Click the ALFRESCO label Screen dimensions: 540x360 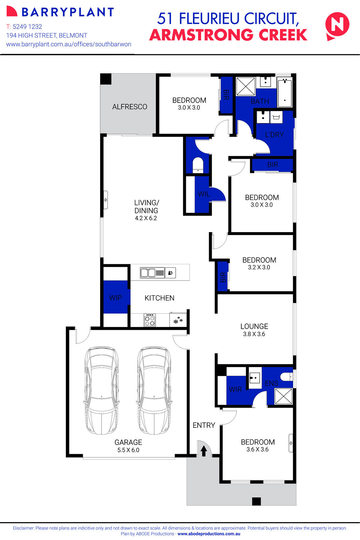pos(130,107)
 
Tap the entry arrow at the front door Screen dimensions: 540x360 pos(203,451)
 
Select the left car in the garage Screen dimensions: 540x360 pos(102,391)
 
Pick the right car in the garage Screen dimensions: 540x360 pos(154,391)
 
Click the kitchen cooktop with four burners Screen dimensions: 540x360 pos(150,320)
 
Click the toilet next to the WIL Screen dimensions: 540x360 pos(198,164)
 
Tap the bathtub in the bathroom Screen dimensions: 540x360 pos(285,93)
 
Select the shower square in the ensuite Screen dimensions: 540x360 pos(283,396)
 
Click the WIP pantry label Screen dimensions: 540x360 pos(115,298)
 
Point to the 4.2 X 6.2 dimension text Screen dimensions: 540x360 pos(146,218)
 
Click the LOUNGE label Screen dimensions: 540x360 pos(254,326)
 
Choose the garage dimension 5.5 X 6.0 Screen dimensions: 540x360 pos(128,450)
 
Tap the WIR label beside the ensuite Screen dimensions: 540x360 pos(235,389)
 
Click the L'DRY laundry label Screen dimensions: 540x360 pos(274,135)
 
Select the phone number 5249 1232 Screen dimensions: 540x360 pos(27,27)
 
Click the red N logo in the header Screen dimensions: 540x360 pos(337,26)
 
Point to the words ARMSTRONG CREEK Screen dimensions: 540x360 pos(228,35)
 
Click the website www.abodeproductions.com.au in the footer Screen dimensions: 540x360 pos(209,534)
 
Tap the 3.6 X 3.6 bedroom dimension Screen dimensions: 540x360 pos(257,449)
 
